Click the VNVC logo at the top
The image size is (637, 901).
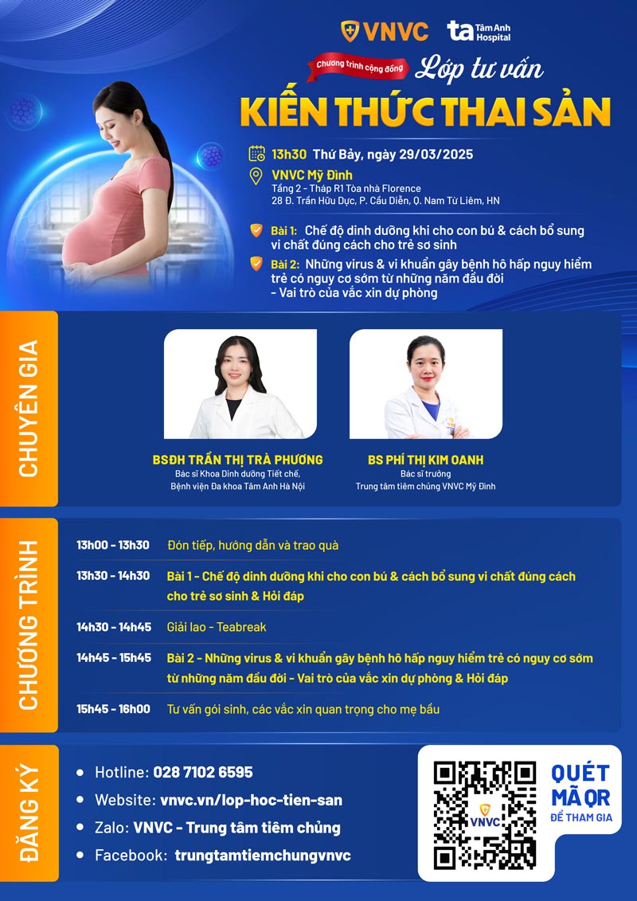pyautogui.click(x=385, y=31)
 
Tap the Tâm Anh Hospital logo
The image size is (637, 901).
pyautogui.click(x=479, y=32)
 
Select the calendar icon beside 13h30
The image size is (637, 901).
pyautogui.click(x=256, y=154)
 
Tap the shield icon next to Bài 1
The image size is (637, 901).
pyautogui.click(x=256, y=231)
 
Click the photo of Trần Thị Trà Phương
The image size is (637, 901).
pyautogui.click(x=240, y=384)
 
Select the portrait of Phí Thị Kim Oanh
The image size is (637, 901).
pyautogui.click(x=425, y=384)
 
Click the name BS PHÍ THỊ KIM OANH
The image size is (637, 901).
pyautogui.click(x=425, y=460)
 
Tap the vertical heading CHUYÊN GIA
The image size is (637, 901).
pyautogui.click(x=29, y=408)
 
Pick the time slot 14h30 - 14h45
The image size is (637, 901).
pyautogui.click(x=114, y=627)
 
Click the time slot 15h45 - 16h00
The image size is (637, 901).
pyautogui.click(x=114, y=709)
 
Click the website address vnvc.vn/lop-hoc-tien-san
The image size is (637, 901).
pyautogui.click(x=251, y=800)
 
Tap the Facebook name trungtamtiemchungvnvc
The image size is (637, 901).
pyautogui.click(x=263, y=855)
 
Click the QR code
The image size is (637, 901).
pyautogui.click(x=484, y=814)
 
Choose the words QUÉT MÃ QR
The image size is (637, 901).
pyautogui.click(x=580, y=785)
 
